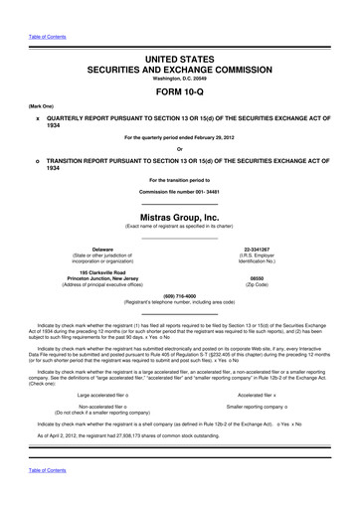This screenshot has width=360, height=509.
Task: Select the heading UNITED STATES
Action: coord(180,62)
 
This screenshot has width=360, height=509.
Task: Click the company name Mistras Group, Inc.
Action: coord(180,216)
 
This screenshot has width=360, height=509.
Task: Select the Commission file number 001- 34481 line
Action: coord(180,191)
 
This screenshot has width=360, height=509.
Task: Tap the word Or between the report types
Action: coord(180,150)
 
